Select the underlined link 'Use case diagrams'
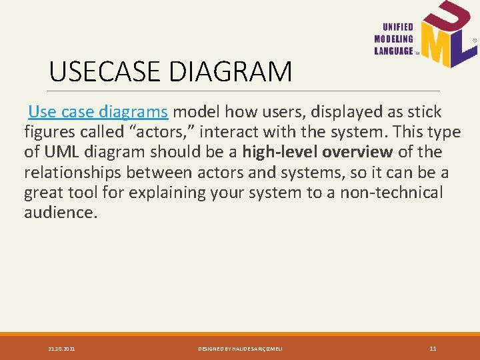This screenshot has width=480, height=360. tap(98, 111)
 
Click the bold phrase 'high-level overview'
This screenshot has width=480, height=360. tap(317, 152)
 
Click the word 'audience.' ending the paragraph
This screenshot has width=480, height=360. tap(61, 213)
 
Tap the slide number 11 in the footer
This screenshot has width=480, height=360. tap(433, 349)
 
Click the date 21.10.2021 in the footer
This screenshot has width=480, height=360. tap(61, 349)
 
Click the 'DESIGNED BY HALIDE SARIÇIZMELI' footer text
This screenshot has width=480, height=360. tap(240, 349)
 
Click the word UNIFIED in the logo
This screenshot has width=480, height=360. tap(398, 27)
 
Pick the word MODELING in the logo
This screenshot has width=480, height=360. tap(395, 39)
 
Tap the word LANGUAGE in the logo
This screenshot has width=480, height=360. tap(394, 51)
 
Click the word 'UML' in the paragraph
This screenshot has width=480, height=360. tap(57, 152)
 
